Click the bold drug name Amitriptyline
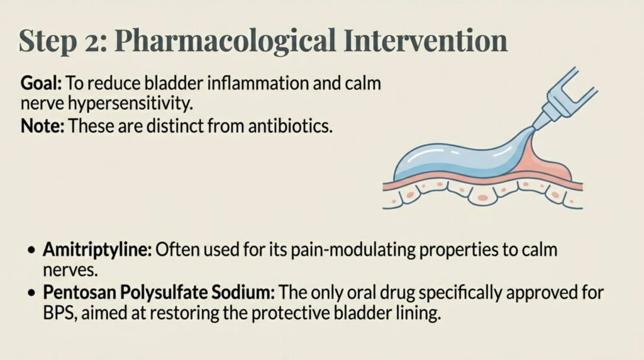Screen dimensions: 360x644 pos(97,250)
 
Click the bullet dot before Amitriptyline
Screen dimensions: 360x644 pos(32,250)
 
